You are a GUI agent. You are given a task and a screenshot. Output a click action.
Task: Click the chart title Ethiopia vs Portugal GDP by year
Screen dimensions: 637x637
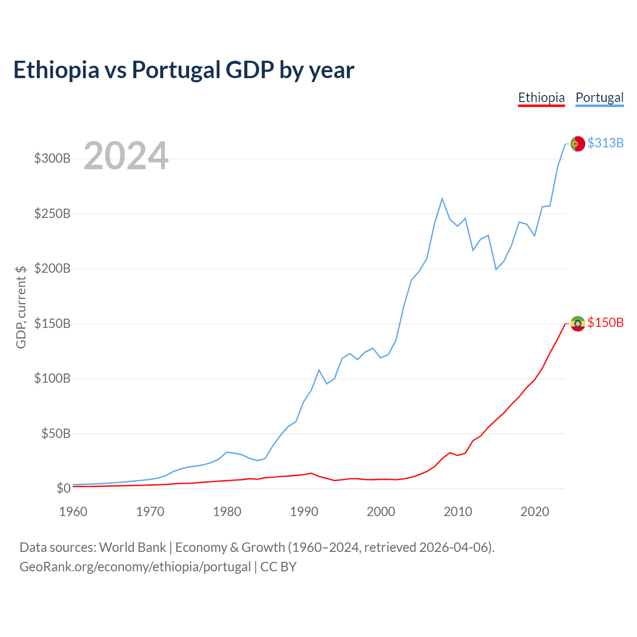pyautogui.click(x=184, y=70)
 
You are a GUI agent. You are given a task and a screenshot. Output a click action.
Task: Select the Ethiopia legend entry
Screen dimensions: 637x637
pyautogui.click(x=541, y=98)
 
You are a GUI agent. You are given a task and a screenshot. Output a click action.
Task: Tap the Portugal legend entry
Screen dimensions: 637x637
pyautogui.click(x=599, y=98)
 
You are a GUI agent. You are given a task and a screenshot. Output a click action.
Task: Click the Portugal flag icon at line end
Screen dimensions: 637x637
pyautogui.click(x=577, y=143)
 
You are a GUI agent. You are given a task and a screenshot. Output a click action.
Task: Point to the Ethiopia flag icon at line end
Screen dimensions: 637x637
pyautogui.click(x=577, y=323)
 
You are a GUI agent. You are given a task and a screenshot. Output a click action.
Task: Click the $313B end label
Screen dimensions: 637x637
pyautogui.click(x=605, y=143)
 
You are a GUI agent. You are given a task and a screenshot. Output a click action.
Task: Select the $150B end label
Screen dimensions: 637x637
pyautogui.click(x=605, y=323)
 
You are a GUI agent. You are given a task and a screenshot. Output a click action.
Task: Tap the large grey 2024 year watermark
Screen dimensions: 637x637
pyautogui.click(x=126, y=156)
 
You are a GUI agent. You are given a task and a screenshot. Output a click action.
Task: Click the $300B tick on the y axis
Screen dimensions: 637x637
pyautogui.click(x=52, y=159)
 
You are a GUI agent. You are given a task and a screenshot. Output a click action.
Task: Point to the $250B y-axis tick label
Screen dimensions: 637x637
pyautogui.click(x=52, y=214)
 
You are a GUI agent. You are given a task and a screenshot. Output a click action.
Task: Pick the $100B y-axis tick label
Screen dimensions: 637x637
pyautogui.click(x=52, y=379)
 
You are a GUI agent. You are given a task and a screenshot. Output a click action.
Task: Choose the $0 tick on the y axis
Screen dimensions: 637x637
pyautogui.click(x=63, y=489)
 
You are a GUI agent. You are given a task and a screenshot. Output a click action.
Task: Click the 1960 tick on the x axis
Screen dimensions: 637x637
pyautogui.click(x=73, y=512)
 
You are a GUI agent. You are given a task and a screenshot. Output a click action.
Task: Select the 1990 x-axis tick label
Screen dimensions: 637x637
pyautogui.click(x=304, y=512)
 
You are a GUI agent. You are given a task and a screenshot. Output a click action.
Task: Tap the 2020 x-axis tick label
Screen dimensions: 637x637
pyautogui.click(x=534, y=512)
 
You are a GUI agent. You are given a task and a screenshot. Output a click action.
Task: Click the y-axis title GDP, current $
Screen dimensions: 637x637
pyautogui.click(x=21, y=307)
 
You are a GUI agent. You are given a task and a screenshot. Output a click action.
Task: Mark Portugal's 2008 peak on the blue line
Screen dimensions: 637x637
pyautogui.click(x=442, y=199)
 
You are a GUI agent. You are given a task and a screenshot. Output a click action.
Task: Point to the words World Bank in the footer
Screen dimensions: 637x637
pyautogui.click(x=132, y=547)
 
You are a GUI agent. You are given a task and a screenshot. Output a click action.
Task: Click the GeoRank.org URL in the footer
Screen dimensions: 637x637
pyautogui.click(x=135, y=567)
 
